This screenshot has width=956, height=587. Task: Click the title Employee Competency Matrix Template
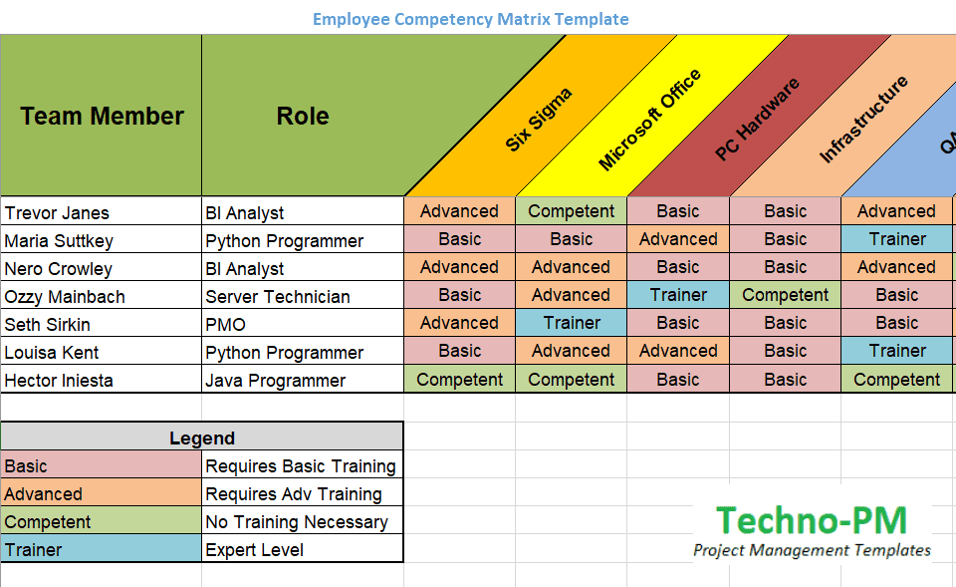(470, 19)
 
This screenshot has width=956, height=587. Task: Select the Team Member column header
(102, 117)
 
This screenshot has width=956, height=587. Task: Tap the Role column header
(303, 117)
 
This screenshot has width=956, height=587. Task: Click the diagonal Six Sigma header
(539, 120)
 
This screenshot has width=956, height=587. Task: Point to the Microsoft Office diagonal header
(649, 120)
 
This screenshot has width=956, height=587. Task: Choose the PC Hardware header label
(758, 121)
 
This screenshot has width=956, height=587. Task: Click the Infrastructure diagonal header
(863, 120)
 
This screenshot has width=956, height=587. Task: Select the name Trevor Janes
(57, 212)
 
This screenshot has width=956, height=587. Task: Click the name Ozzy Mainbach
(65, 296)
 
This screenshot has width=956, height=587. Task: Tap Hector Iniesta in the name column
(59, 380)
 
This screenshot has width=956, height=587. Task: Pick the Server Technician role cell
(278, 296)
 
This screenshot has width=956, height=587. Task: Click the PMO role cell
(226, 324)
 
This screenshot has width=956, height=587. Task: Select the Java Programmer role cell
(276, 380)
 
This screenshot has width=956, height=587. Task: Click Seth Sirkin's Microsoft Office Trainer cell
(572, 323)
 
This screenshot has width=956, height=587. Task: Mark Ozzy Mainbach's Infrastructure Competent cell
(785, 295)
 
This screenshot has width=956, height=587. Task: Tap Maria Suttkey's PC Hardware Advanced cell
(678, 239)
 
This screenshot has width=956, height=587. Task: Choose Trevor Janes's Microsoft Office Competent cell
(572, 211)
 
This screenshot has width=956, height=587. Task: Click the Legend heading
(202, 438)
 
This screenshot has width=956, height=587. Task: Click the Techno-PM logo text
(812, 521)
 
